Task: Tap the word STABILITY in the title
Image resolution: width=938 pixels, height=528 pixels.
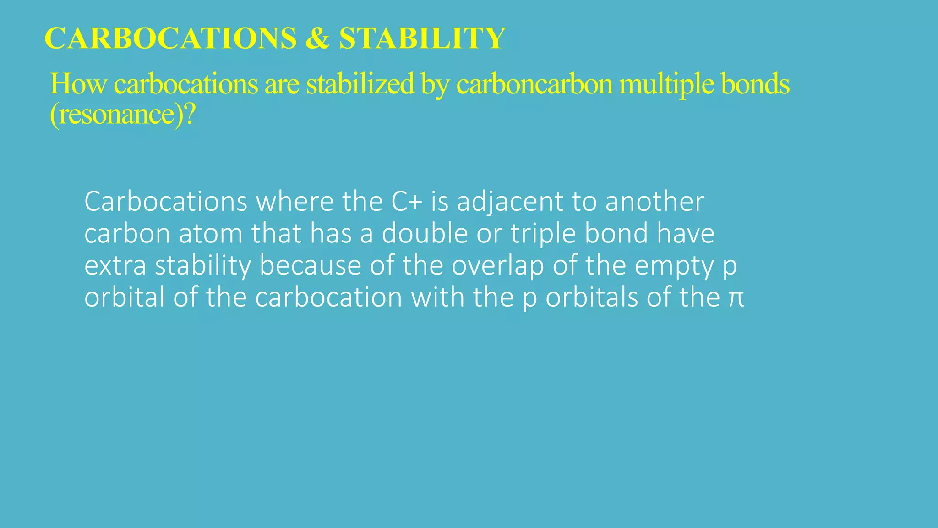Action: (x=422, y=38)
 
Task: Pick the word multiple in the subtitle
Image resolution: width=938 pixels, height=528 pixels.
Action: (x=666, y=85)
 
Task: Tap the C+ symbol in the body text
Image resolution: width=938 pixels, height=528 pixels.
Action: (x=407, y=202)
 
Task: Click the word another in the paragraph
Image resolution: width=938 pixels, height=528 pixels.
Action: (x=654, y=202)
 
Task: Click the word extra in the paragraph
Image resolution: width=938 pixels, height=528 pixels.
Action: (x=115, y=266)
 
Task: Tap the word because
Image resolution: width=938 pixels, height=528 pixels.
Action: (x=310, y=266)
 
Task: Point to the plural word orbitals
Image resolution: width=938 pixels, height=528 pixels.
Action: (x=592, y=297)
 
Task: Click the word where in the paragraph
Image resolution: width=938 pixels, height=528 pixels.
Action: (x=294, y=202)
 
